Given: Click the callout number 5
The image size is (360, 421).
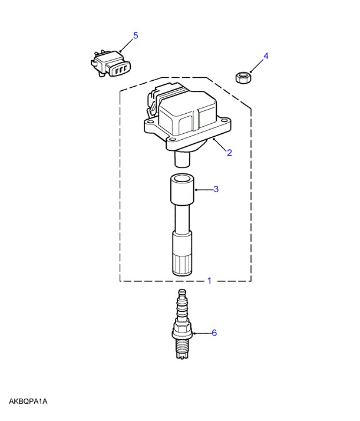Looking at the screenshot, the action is tap(136, 35).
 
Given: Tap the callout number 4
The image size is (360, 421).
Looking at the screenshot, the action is tap(266, 56).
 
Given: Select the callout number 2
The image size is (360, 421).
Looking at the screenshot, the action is tap(229, 153).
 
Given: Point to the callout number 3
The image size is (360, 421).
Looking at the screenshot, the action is tap(216, 189).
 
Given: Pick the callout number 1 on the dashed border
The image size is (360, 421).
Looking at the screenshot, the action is tap(209, 281).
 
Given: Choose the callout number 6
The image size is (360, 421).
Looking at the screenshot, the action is tap(214, 333).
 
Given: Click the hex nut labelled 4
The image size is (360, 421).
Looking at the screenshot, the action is tap(243, 78).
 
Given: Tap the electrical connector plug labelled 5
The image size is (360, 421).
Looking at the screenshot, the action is tap(111, 64).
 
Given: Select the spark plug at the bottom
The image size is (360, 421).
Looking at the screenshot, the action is tap(183, 324).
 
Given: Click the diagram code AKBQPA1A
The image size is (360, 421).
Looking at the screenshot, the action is tap(28, 402).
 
